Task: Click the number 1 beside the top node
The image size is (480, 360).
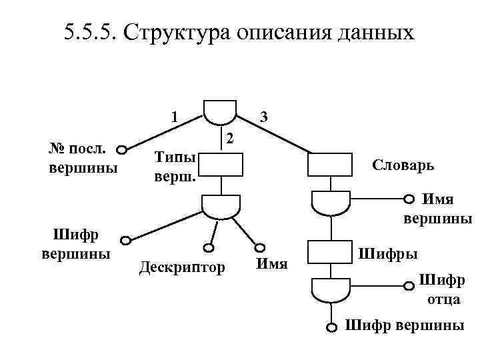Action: point(174,116)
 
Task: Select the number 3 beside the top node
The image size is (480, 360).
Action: point(264,116)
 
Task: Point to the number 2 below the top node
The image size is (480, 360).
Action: point(229,139)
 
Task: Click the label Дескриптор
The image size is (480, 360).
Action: point(181,267)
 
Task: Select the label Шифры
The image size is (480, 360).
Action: point(389,253)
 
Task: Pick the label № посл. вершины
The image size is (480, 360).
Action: point(83,158)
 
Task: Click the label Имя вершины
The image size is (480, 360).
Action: point(437,208)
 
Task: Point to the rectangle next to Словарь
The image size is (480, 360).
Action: point(329,165)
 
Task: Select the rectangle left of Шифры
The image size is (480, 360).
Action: point(329,252)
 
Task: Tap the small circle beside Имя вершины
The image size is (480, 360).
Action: point(409,198)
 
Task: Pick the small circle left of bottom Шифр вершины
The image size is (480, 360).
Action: point(331,327)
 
